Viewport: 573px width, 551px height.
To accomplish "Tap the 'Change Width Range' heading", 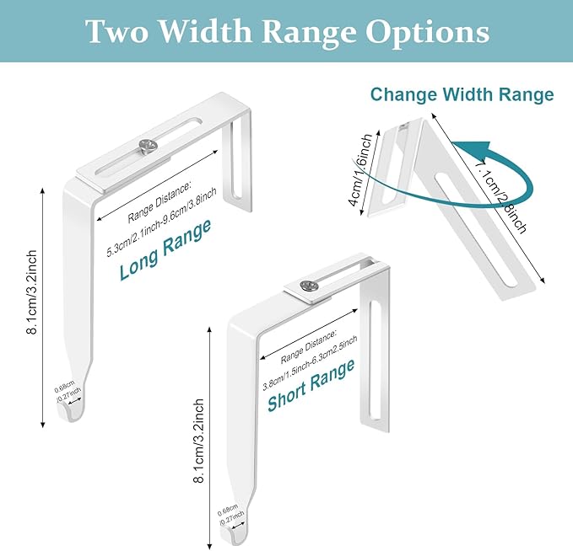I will [462, 94].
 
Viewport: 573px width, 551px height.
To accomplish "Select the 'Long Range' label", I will [165, 250].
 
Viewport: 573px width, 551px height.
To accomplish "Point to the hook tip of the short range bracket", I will [240, 537].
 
